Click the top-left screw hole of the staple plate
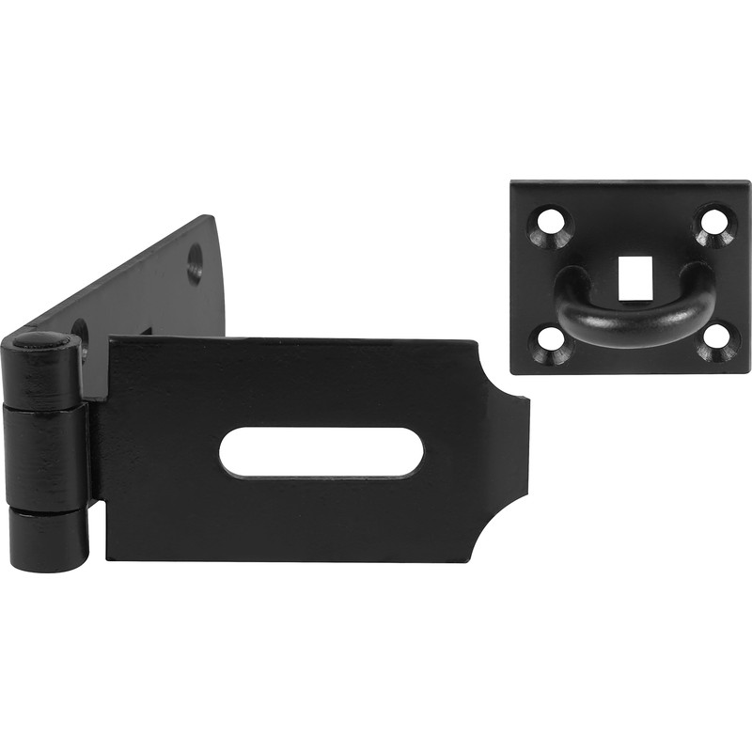pyautogui.click(x=550, y=223)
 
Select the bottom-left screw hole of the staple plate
pyautogui.click(x=550, y=344)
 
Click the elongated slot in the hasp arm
pyautogui.click(x=321, y=452)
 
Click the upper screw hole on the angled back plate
pyautogui.click(x=195, y=262)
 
